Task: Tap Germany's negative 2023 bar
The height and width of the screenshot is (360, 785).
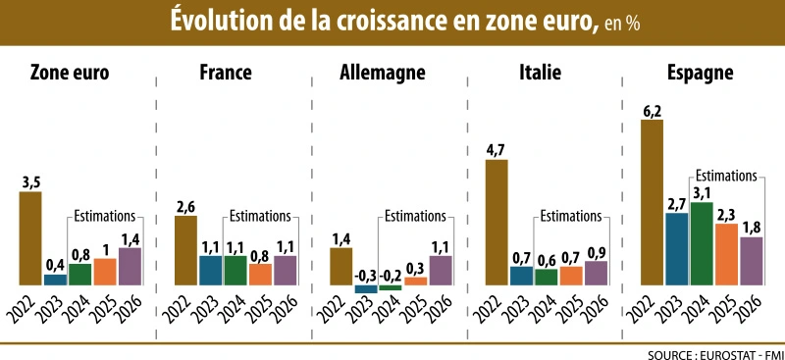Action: [x=366, y=288]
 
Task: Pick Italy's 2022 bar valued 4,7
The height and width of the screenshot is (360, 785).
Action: [x=497, y=222]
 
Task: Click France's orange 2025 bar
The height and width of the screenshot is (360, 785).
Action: [x=260, y=274]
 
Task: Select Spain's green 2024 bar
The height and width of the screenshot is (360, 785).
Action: [x=702, y=243]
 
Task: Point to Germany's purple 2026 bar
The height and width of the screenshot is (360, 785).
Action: [x=442, y=270]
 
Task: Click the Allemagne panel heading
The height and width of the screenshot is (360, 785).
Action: [x=382, y=73]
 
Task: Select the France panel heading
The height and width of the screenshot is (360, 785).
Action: [x=225, y=73]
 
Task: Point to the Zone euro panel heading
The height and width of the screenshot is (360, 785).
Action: [x=70, y=73]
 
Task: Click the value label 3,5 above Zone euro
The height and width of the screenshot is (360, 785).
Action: [x=30, y=181]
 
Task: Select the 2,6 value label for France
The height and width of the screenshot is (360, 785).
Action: [x=185, y=206]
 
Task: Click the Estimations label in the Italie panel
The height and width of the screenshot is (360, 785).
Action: [x=571, y=216]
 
